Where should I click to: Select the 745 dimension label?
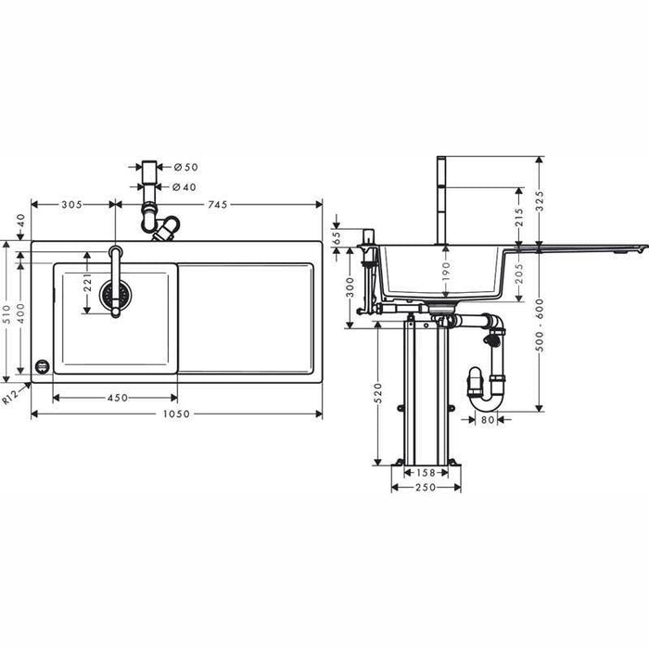click(218, 204)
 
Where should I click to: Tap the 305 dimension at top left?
click(71, 204)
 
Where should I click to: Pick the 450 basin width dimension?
click(117, 398)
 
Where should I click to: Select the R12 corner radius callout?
click(10, 397)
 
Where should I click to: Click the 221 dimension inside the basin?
click(87, 283)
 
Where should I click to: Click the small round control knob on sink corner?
click(41, 366)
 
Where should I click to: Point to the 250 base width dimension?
click(426, 488)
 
